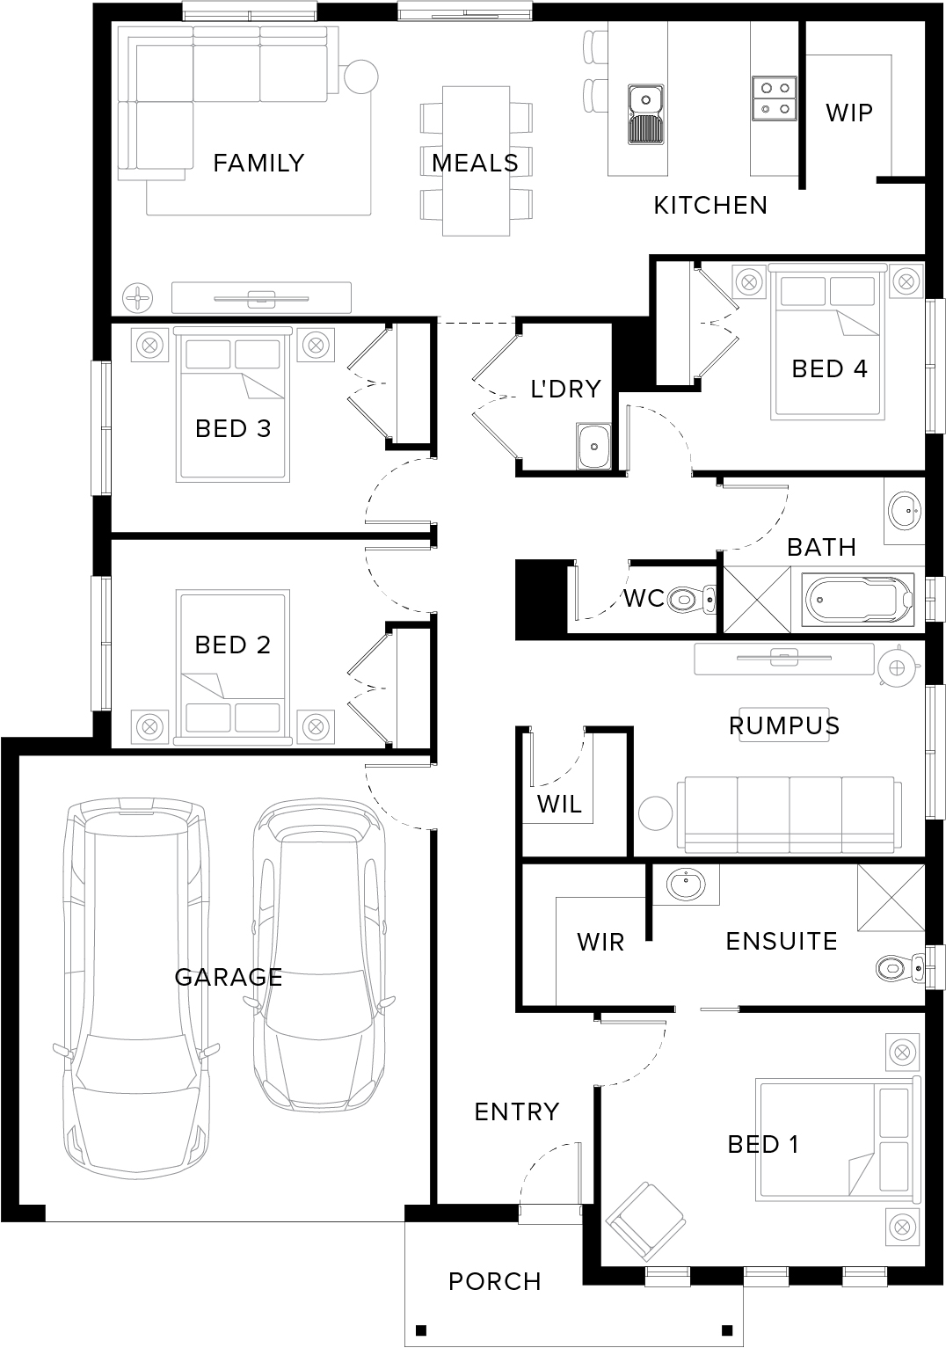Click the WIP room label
849,113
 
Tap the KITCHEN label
710,206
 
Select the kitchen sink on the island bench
646,114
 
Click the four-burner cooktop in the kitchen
775,98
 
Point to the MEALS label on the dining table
476,163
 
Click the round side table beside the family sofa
360,77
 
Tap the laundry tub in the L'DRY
594,446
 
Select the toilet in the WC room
691,600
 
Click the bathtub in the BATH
858,600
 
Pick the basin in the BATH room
905,511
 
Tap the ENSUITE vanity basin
686,885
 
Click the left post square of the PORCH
422,1329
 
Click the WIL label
560,804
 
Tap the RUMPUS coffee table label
784,725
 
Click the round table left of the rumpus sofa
655,813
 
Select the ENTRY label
518,1111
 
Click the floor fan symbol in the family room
138,297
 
